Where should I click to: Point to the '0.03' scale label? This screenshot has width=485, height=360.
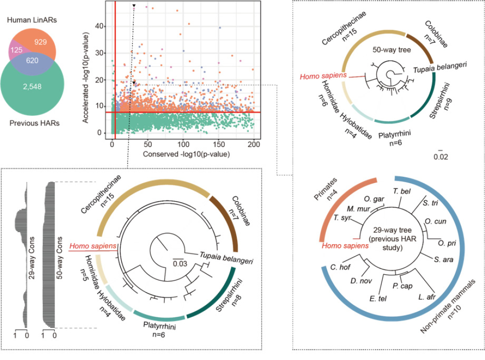click(x=180, y=264)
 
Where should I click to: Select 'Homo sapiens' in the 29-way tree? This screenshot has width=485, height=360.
click(x=345, y=245)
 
